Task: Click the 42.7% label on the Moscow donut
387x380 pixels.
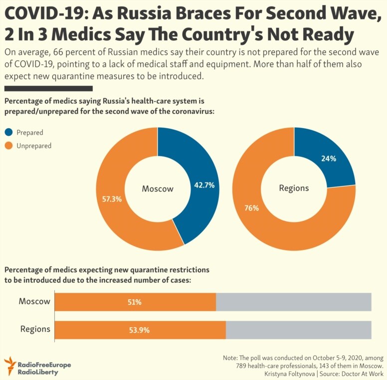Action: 204,185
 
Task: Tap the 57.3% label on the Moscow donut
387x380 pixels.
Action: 112,199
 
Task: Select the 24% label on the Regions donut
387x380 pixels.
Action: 329,159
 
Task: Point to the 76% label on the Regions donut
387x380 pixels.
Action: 252,208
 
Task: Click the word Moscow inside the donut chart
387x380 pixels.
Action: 158,189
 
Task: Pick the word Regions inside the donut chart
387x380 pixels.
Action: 294,189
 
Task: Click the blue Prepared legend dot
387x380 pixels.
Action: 8,132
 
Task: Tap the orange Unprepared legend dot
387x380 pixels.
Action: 8,146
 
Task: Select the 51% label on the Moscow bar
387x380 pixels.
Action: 135,302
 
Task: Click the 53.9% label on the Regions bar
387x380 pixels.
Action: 140,330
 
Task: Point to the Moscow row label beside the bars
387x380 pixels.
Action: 34,301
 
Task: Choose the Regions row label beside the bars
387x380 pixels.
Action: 35,329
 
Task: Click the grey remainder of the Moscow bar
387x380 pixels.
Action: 294,302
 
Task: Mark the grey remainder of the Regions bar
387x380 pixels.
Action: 299,330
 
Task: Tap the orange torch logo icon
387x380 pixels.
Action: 9,366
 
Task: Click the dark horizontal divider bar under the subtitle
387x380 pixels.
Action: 48,89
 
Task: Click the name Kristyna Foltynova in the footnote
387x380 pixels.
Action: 290,374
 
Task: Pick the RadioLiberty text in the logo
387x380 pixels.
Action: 38,372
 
